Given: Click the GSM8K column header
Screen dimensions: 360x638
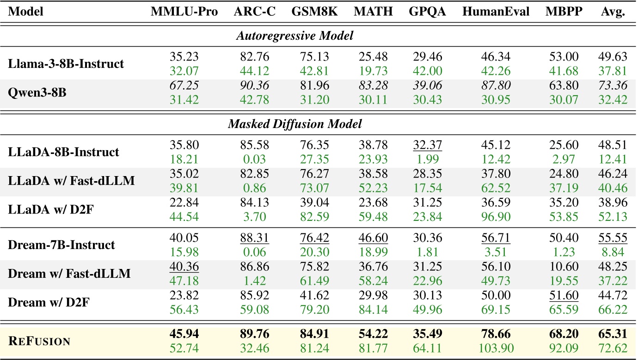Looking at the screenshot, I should click(314, 12).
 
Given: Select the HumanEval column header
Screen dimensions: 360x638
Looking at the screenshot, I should click(496, 12).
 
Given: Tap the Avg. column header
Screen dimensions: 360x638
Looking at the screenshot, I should click(613, 12).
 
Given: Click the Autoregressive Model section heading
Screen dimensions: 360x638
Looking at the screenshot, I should click(295, 37).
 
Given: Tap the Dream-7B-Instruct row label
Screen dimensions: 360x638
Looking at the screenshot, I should click(61, 244).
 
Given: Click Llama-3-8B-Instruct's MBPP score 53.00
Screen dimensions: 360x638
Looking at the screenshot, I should click(562, 57).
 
